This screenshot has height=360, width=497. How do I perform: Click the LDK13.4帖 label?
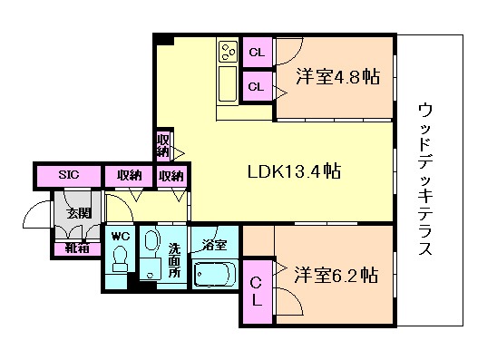[294, 171]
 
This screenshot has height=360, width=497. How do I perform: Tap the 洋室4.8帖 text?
[338, 76]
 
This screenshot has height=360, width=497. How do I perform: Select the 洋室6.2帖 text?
[336, 275]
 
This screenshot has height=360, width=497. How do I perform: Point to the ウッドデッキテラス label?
[425, 179]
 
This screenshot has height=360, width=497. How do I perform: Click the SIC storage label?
[69, 175]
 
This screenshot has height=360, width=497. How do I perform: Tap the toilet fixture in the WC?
[120, 258]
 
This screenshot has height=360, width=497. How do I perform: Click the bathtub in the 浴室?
[215, 274]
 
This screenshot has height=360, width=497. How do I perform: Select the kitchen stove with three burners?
[229, 52]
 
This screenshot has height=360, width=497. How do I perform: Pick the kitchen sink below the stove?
[228, 83]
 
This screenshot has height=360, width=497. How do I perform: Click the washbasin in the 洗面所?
[152, 242]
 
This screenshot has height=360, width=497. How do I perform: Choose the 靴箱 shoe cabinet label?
[77, 248]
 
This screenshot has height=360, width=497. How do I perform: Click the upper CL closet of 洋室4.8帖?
[258, 53]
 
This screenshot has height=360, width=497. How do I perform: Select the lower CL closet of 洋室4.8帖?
[258, 86]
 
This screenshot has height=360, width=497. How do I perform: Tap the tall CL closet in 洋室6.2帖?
[257, 292]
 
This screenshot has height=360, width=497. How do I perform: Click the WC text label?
[121, 236]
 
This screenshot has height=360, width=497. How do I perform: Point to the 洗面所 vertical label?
[174, 260]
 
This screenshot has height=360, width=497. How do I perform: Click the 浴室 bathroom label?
[215, 245]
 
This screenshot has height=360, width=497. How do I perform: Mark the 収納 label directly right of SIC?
[130, 175]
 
